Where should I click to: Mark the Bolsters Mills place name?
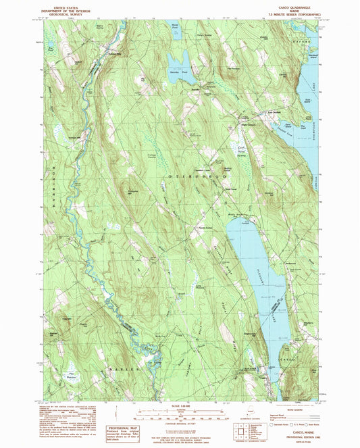(118, 55)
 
